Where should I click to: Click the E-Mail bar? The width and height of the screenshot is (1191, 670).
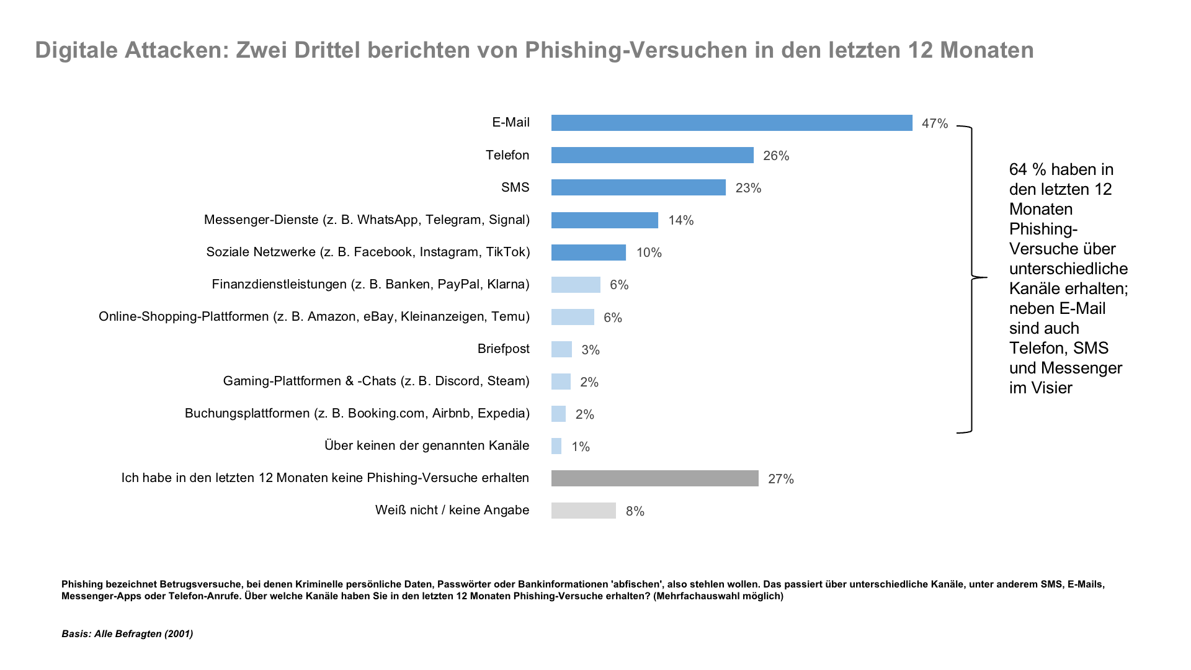731,123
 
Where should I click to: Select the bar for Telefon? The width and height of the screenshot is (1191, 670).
652,155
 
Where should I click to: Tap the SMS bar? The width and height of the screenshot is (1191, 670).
638,187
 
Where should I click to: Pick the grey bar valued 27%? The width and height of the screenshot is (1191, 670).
654,478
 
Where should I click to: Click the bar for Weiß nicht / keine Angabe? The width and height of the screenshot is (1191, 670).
583,511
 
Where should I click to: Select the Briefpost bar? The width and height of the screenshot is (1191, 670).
561,349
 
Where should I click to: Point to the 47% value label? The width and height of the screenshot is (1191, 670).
935,123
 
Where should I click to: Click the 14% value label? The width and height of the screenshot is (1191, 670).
680,220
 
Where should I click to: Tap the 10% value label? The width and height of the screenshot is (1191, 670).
649,252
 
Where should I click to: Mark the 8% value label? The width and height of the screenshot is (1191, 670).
635,511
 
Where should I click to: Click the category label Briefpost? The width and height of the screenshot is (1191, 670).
503,349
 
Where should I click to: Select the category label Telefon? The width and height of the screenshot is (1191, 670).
507,155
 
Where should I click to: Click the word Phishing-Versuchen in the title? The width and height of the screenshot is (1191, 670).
636,50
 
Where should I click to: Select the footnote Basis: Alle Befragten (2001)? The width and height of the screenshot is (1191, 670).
127,633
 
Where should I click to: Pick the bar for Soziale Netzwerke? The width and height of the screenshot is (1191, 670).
588,252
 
